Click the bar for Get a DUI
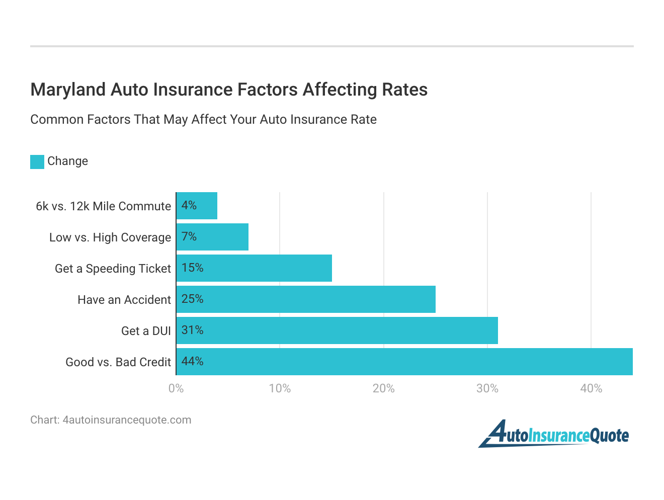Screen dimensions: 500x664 [x=337, y=330]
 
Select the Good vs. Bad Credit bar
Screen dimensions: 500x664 [x=404, y=362]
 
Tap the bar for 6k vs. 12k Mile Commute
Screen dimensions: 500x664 [x=197, y=206]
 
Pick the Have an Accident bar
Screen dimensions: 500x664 [x=306, y=299]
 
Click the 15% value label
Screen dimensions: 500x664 [x=193, y=268]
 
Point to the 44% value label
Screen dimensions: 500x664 [x=193, y=362]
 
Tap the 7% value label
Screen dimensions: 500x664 [x=189, y=237]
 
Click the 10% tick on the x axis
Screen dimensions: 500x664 [x=280, y=388]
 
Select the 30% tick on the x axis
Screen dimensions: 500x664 [x=487, y=388]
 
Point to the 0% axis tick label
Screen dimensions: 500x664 [x=176, y=388]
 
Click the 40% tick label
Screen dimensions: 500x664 [x=591, y=388]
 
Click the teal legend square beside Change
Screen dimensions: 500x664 [x=37, y=161]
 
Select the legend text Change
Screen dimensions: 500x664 [x=67, y=161]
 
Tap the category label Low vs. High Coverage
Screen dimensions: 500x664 [x=110, y=237]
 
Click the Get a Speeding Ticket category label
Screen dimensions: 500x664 [x=113, y=269]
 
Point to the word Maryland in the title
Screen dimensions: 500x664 [x=68, y=90]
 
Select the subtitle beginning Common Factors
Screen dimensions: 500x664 [x=203, y=120]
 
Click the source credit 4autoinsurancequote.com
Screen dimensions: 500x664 [x=127, y=420]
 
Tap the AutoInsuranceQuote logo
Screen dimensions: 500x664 [x=553, y=434]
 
